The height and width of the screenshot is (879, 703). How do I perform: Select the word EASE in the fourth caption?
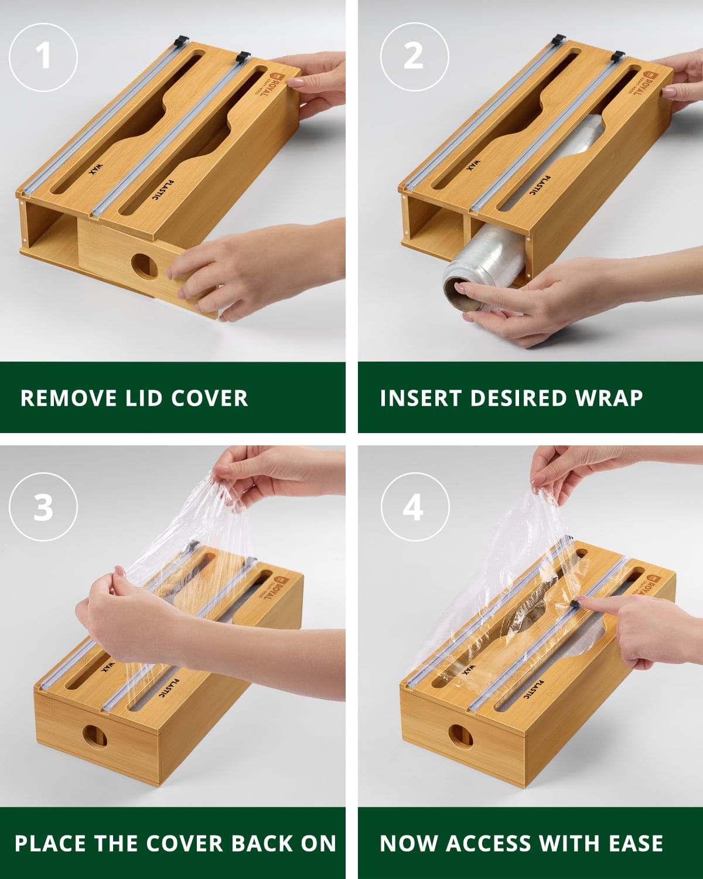(x=636, y=843)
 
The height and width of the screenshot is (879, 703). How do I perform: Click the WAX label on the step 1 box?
(x=94, y=170)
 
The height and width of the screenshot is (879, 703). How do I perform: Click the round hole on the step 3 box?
(x=94, y=735)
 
